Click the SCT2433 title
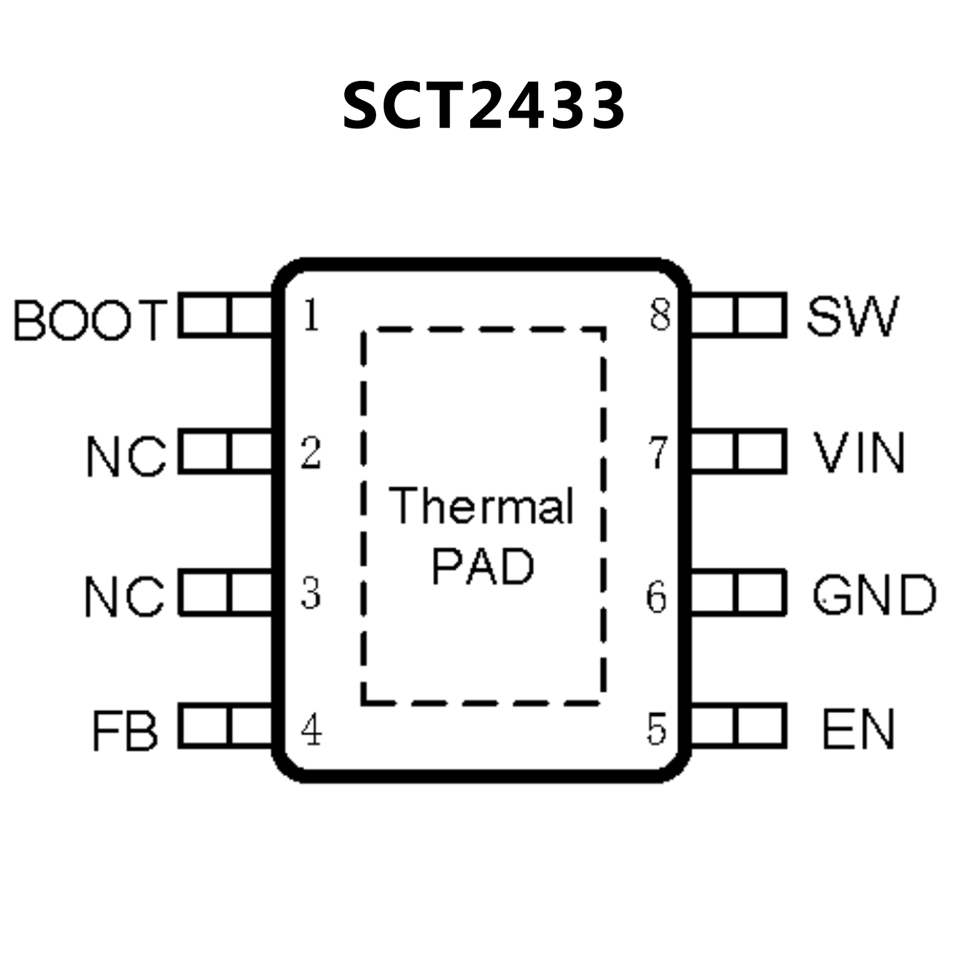pos(483,106)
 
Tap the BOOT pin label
pos(91,319)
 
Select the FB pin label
pos(125,730)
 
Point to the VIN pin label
pos(859,453)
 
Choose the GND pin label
pos(874,595)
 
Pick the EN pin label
pos(858,729)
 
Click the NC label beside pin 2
pos(126,457)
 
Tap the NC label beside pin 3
pos(125,596)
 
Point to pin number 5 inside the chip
pos(656,729)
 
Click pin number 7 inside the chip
pos(658,452)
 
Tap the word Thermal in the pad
pos(481,506)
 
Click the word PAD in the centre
pos(483,567)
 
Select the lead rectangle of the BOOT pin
pos(225,316)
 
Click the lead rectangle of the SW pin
pos(739,316)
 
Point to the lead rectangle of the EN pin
pos(739,726)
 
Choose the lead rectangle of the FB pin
pos(225,726)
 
